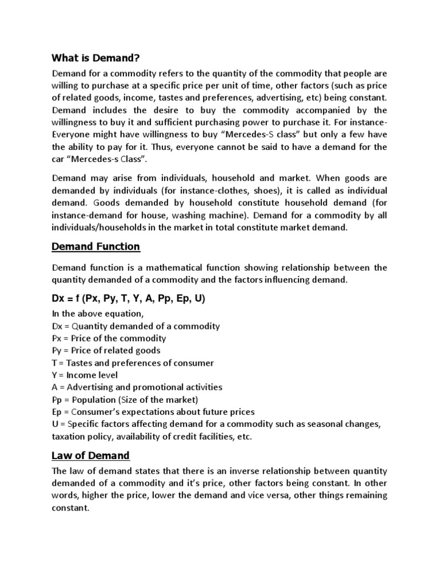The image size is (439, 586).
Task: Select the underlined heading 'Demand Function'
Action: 95,247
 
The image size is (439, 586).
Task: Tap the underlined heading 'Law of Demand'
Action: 90,456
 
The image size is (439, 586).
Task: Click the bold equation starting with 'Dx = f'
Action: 129,299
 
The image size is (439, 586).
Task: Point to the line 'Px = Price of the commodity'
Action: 109,338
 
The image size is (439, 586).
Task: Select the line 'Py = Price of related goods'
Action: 106,350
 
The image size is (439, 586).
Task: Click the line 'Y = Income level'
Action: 85,375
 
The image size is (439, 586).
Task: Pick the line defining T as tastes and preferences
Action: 133,363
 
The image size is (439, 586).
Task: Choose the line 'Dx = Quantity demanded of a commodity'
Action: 135,326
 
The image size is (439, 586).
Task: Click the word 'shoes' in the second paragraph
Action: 252,191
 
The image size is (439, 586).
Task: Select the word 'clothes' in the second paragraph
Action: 220,191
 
